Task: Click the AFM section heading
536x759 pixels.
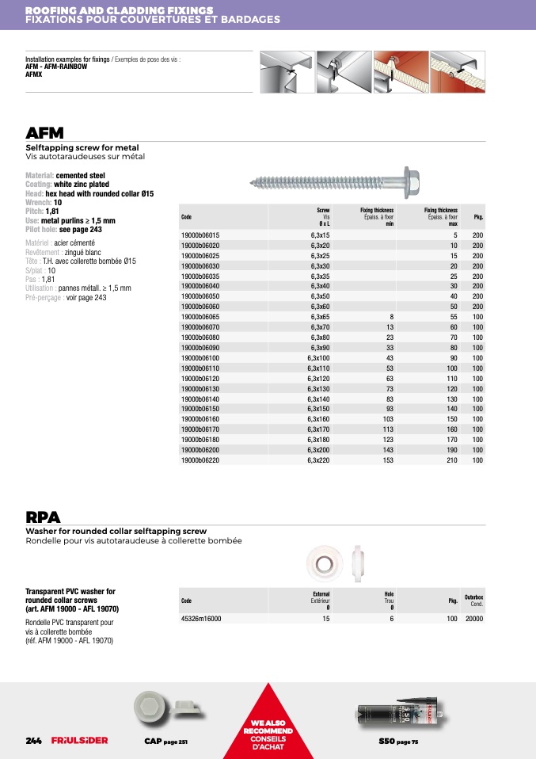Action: pos(44,132)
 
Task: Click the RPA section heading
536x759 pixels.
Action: pos(43,517)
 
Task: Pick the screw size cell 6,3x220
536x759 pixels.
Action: pos(319,460)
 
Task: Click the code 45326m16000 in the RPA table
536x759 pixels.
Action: pos(201,619)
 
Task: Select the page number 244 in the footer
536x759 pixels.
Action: pos(34,740)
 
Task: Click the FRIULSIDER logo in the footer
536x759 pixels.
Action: pos(79,740)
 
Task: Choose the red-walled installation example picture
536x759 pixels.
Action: pos(401,72)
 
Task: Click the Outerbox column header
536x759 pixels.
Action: pos(473,598)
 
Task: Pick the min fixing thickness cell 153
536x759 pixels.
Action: pos(388,460)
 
